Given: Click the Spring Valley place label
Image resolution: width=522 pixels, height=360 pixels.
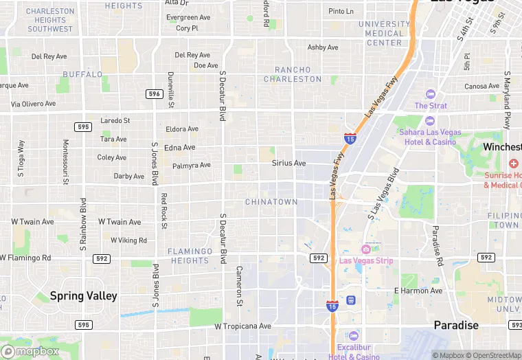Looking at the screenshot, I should [83, 296].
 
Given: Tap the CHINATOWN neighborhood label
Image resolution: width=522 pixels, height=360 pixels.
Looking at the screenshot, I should [271, 202].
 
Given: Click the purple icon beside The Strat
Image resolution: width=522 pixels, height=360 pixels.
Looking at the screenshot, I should [431, 94].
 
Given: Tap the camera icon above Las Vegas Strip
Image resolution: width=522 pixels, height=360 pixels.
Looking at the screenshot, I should [366, 249].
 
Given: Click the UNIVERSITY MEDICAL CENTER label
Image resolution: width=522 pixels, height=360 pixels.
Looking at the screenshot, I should [383, 33].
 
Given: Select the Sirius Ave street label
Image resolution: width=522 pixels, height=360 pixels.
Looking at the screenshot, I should [288, 163].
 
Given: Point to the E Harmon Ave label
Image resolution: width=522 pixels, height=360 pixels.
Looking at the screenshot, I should [418, 291].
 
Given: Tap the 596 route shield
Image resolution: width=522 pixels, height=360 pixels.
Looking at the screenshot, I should [154, 93].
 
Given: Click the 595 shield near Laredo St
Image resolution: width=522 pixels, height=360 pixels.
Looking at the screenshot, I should [83, 126].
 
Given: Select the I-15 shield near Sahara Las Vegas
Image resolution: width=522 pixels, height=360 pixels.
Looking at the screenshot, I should [350, 139].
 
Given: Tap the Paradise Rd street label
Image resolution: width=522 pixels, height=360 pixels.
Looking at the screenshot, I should [436, 245].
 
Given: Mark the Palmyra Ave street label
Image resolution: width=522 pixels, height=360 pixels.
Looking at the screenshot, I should [192, 165].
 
